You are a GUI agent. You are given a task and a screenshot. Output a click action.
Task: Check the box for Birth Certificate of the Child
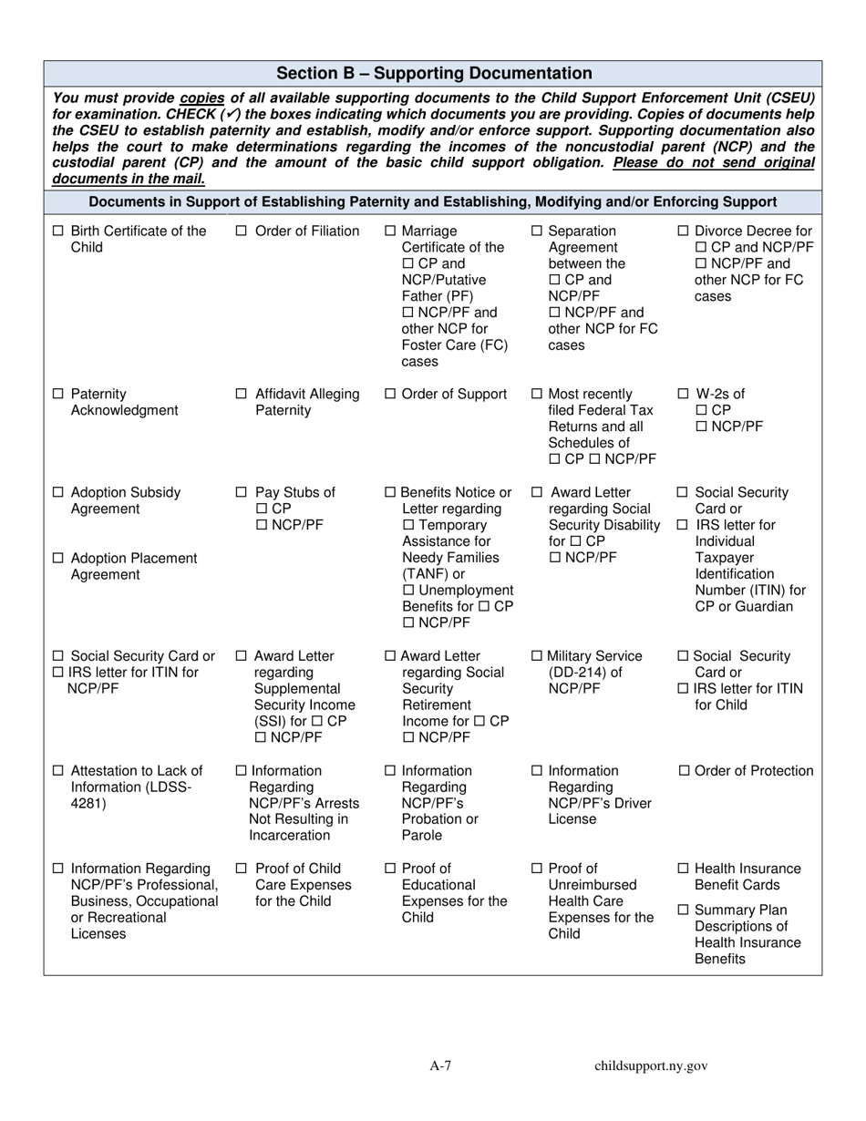pyautogui.click(x=58, y=231)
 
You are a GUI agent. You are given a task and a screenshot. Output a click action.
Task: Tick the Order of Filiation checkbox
pyautogui.click(x=242, y=231)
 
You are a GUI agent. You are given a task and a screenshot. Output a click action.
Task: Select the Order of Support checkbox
pyautogui.click(x=391, y=395)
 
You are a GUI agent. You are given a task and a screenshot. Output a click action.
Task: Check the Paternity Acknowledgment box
pyautogui.click(x=58, y=395)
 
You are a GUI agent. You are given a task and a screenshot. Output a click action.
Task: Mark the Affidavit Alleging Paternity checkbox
pyautogui.click(x=242, y=395)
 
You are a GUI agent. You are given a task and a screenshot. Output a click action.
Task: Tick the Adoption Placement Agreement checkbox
pyautogui.click(x=58, y=559)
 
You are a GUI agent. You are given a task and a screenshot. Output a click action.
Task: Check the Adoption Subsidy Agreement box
pyautogui.click(x=58, y=493)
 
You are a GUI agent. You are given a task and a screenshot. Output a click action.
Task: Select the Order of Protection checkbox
pyautogui.click(x=685, y=771)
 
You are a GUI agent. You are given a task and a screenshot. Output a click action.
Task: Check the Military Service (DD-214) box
pyautogui.click(x=536, y=656)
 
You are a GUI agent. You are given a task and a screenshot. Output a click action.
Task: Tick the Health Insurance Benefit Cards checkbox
pyautogui.click(x=685, y=869)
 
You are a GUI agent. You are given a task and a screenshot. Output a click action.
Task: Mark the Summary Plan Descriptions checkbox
pyautogui.click(x=685, y=910)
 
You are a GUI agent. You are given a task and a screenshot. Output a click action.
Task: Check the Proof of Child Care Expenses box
pyautogui.click(x=242, y=869)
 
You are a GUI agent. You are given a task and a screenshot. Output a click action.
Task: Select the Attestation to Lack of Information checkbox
pyautogui.click(x=58, y=771)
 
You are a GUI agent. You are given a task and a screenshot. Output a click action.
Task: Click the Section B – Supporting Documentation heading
pyautogui.click(x=434, y=74)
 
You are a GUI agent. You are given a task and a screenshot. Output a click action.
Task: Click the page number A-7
pyautogui.click(x=441, y=1066)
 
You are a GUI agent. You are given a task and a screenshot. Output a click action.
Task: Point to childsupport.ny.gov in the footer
pyautogui.click(x=651, y=1066)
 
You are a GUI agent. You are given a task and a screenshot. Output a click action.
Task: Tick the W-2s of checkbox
pyautogui.click(x=685, y=395)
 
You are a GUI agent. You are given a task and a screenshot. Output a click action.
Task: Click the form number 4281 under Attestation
pyautogui.click(x=88, y=804)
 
